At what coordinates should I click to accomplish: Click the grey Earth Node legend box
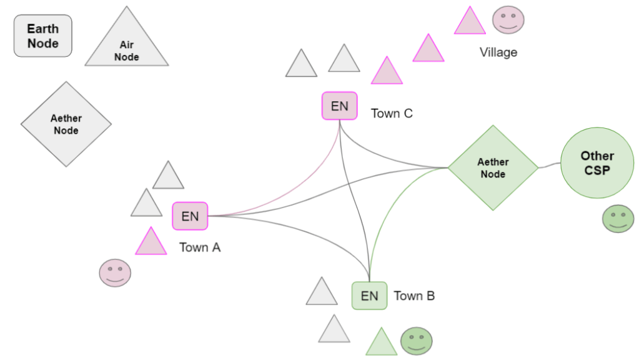(x=43, y=36)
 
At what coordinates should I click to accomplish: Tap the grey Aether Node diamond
(x=66, y=124)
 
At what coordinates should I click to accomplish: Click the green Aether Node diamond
(x=493, y=167)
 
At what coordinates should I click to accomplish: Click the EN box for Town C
(x=340, y=106)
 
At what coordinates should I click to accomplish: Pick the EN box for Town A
(x=190, y=216)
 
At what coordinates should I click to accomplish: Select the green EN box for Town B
(x=370, y=295)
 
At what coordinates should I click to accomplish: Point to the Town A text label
(x=200, y=247)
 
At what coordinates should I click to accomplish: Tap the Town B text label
(x=414, y=296)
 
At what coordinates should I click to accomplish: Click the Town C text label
(x=392, y=113)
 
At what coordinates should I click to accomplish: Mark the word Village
(x=498, y=52)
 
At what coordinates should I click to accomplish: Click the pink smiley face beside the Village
(x=508, y=20)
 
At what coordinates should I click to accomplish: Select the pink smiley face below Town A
(x=115, y=273)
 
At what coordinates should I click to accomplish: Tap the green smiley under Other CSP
(x=618, y=219)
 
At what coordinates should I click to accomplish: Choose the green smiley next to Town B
(x=416, y=341)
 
